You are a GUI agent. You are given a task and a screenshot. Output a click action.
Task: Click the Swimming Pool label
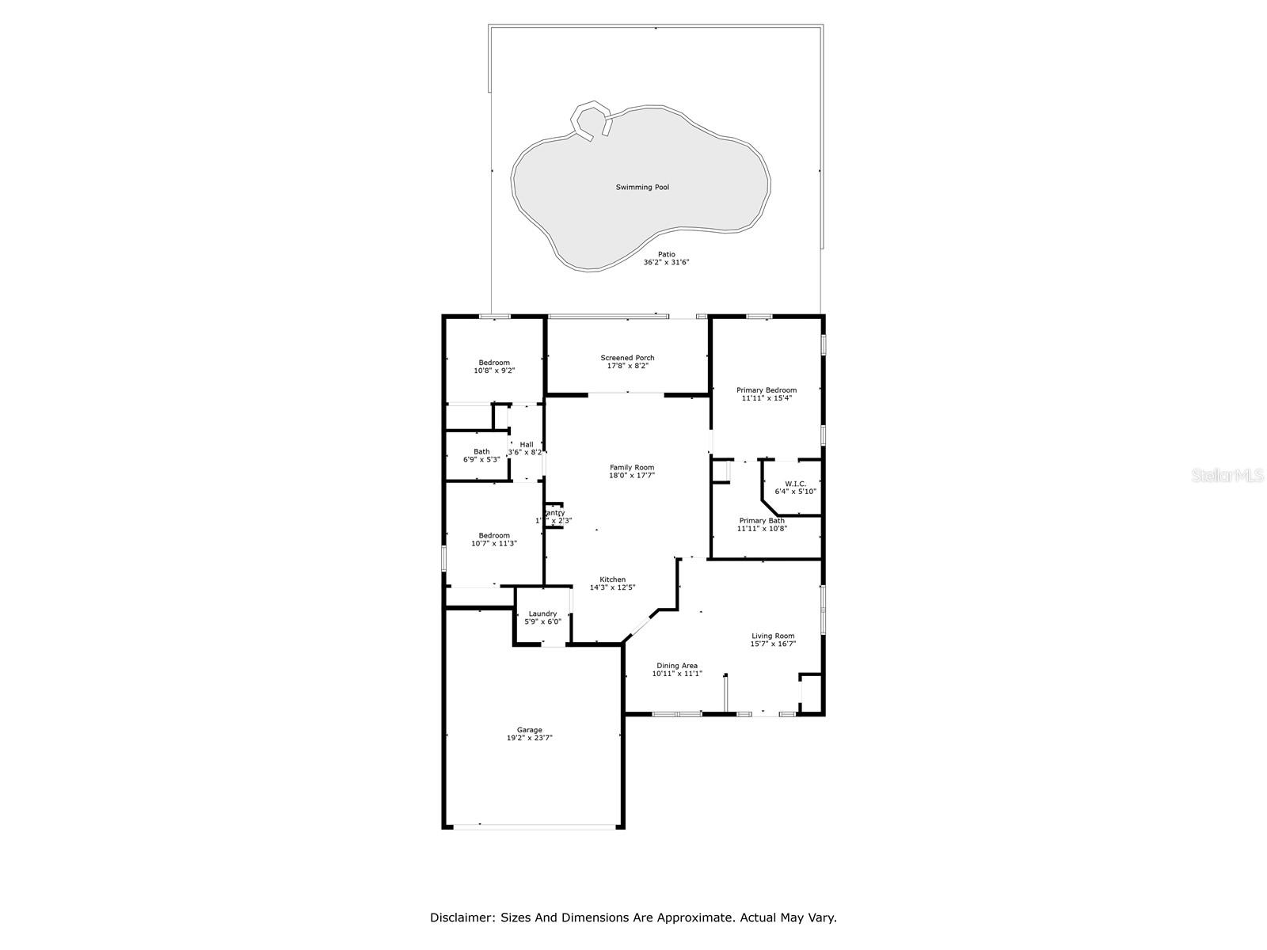click(642, 188)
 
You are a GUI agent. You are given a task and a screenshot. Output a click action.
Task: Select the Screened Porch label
click(627, 358)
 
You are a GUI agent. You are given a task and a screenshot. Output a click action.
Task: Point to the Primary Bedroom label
click(766, 389)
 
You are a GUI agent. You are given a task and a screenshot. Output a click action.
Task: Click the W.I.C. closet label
click(795, 483)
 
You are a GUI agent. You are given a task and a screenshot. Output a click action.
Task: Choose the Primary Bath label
click(762, 520)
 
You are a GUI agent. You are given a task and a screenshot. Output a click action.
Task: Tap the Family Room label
click(631, 467)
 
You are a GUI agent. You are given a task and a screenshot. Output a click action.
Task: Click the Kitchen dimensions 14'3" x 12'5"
click(612, 587)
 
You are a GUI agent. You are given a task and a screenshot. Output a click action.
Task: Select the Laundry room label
click(542, 614)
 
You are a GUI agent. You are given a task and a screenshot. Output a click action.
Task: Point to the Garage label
click(530, 730)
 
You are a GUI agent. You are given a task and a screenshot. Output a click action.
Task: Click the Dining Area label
click(677, 666)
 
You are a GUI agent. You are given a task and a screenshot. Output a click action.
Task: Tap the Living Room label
click(773, 636)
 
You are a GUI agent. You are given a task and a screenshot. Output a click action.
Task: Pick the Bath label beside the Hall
click(481, 451)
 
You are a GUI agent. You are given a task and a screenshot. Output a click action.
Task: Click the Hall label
click(527, 444)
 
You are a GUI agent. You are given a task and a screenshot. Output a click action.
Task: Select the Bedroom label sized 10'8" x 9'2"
click(494, 363)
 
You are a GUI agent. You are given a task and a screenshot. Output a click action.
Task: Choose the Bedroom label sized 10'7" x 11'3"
click(494, 535)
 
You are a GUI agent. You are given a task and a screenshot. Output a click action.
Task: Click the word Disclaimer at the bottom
click(462, 918)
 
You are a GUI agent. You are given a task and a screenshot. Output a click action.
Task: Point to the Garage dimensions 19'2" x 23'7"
click(530, 738)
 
